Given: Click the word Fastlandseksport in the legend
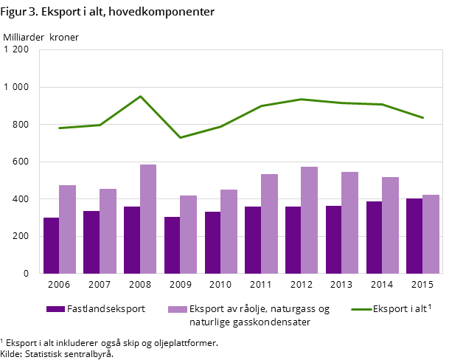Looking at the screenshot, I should tap(106, 309).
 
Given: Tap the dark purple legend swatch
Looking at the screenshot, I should tap(55, 309).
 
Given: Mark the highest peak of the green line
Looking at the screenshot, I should tap(140, 97).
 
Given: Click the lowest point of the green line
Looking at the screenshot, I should tap(181, 138).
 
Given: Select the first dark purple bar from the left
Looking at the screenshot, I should tap(51, 245).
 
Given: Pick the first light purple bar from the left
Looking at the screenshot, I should tap(68, 229).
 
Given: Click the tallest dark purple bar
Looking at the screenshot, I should tap(414, 235).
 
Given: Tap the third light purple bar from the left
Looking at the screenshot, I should tap(148, 218).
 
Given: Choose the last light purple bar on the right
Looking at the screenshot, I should tap(431, 234).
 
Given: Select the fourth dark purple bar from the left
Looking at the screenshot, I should tap(172, 245).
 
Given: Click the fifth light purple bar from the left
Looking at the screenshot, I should tap(229, 231).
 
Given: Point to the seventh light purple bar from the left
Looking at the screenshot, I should tap(309, 220).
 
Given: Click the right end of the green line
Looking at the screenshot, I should tap(422, 117).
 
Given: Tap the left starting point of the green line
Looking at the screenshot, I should tap(60, 128).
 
